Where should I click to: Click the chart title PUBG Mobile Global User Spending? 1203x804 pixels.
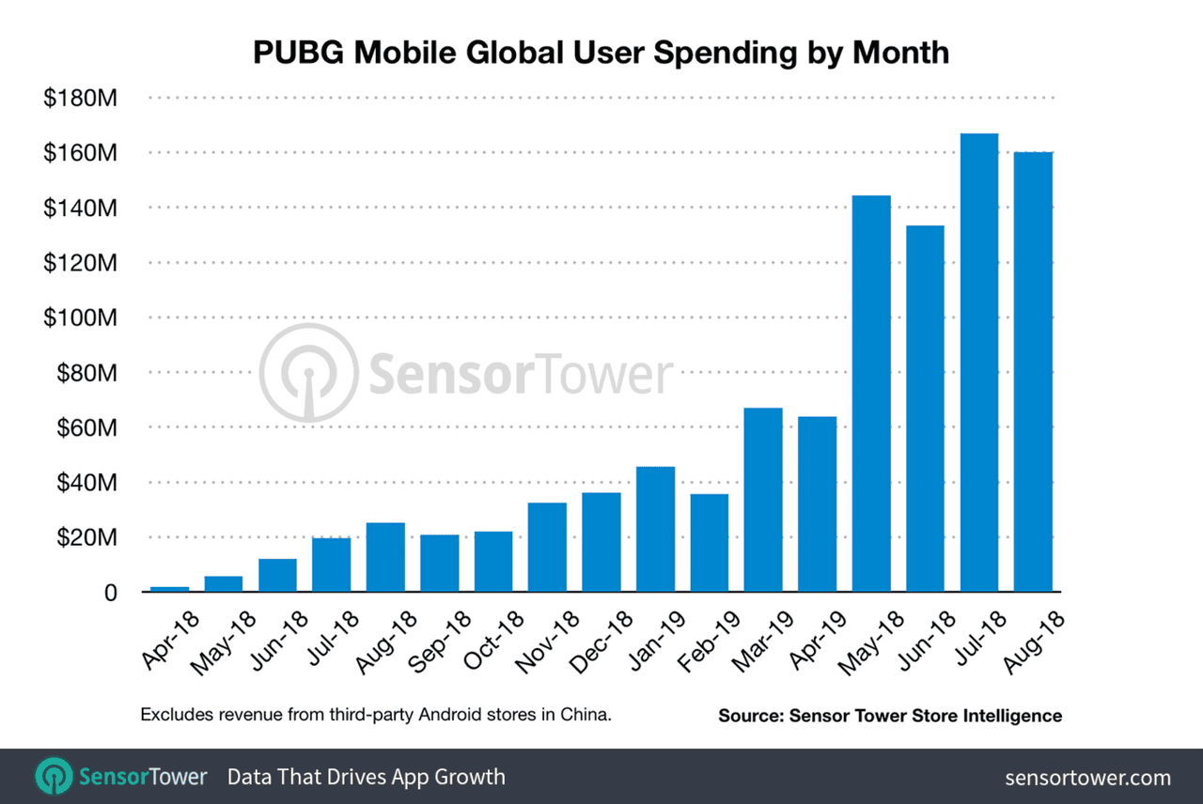(601, 53)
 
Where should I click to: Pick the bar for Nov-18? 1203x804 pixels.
(547, 547)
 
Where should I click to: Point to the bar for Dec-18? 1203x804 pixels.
(601, 542)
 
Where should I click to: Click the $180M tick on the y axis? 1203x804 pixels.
(80, 98)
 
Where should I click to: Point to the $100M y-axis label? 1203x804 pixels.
(80, 318)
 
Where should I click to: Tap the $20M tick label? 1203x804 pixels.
(86, 538)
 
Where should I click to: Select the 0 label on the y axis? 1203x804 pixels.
(110, 594)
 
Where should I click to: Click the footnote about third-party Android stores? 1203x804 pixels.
(376, 715)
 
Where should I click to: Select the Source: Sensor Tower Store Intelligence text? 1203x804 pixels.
(890, 716)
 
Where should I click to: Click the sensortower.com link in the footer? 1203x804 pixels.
(1087, 778)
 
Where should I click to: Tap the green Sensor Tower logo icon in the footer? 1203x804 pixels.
(53, 777)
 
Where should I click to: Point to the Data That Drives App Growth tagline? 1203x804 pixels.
(367, 777)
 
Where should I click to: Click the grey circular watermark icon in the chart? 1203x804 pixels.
(307, 373)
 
